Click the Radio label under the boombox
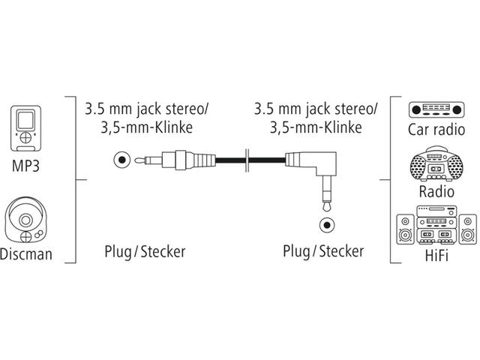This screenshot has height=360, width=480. [x=436, y=191]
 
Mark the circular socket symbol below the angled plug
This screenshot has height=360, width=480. [x=325, y=223]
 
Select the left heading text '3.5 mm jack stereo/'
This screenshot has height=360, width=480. [x=145, y=109]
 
